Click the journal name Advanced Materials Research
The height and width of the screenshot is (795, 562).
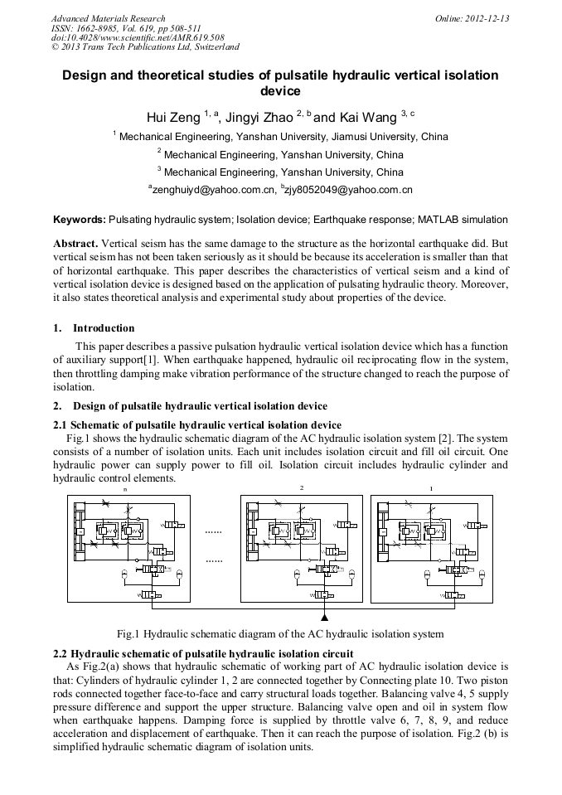(108, 18)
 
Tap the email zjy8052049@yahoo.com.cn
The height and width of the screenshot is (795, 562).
(350, 191)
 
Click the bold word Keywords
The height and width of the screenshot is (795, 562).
(79, 220)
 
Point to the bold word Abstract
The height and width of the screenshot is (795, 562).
(75, 244)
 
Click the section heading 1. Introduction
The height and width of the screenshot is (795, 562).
(94, 328)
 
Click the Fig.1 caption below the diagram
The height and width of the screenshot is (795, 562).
(280, 634)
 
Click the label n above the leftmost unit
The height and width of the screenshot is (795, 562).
(125, 489)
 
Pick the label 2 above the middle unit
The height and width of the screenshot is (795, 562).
(302, 489)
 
